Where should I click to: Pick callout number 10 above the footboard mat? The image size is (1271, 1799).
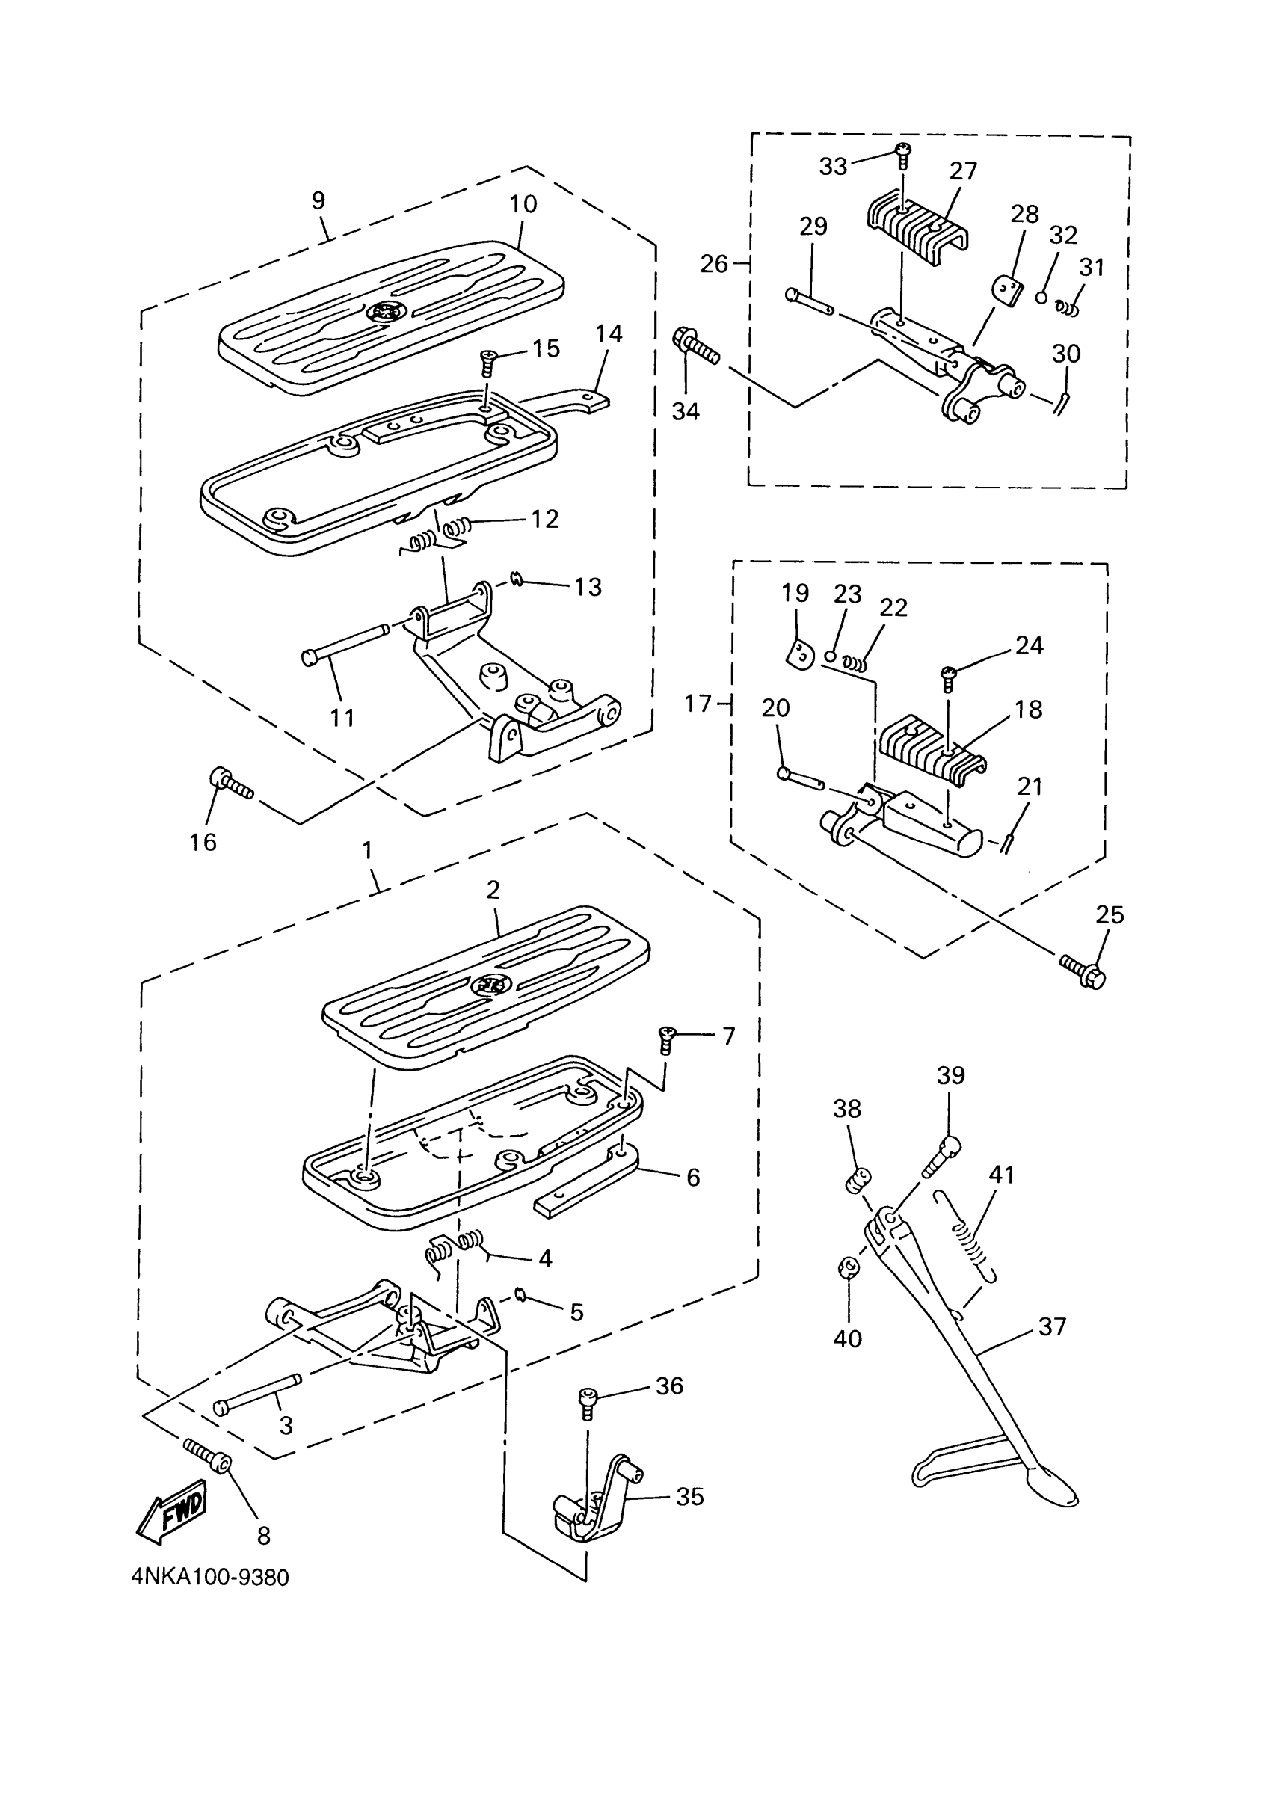pyautogui.click(x=523, y=205)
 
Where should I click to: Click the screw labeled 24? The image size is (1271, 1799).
pyautogui.click(x=949, y=677)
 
